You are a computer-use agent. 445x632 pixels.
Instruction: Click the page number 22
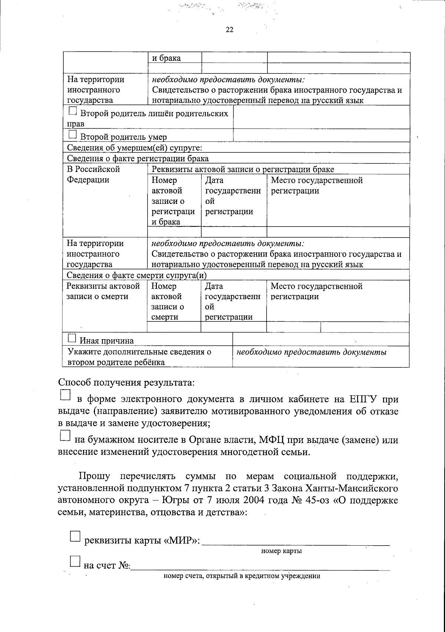click(x=230, y=30)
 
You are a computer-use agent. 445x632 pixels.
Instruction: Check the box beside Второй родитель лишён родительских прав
click(x=73, y=111)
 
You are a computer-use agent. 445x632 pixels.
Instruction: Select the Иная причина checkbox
click(x=72, y=338)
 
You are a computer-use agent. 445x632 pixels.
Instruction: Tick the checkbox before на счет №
click(x=75, y=562)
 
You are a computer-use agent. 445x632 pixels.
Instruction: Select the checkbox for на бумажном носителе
click(x=65, y=436)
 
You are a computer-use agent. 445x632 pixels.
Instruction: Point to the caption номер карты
click(x=281, y=551)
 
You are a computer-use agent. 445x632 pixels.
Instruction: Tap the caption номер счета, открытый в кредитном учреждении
click(x=242, y=576)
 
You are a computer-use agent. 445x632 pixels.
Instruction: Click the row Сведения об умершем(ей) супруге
click(x=134, y=148)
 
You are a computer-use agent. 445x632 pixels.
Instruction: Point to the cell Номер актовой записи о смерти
click(x=168, y=301)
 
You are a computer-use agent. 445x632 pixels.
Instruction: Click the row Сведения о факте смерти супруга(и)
click(x=136, y=275)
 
